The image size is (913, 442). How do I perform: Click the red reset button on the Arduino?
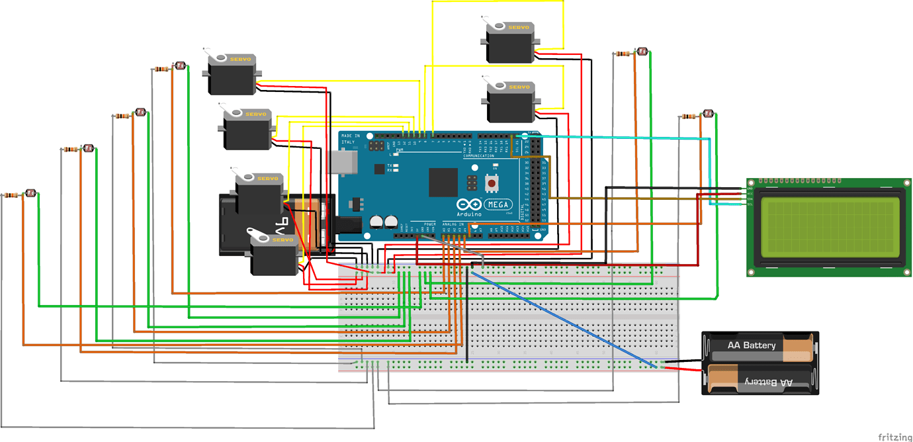point(492,181)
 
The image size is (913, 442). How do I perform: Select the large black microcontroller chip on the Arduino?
point(443,182)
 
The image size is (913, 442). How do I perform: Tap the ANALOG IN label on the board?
point(453,224)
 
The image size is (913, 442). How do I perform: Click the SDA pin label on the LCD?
point(750,199)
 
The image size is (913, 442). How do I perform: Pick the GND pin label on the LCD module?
point(750,188)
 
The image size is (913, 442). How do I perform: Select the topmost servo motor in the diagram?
point(509,42)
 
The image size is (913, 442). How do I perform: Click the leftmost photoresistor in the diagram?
point(29,193)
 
